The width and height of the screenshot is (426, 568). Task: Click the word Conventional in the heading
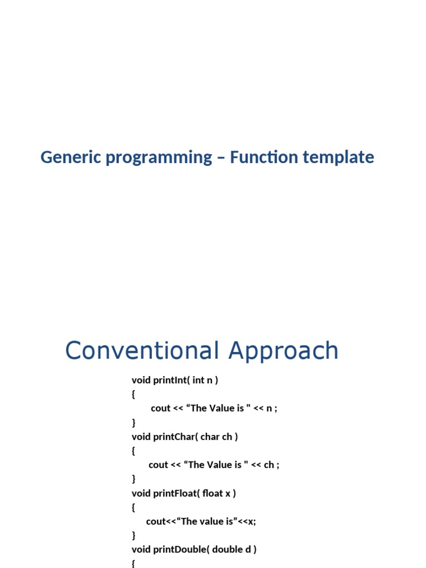click(142, 351)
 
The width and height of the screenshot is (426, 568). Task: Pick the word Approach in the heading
click(283, 351)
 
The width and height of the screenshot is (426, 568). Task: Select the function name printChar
click(174, 437)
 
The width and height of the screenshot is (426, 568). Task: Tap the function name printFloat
click(175, 493)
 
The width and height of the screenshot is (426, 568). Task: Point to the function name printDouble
click(180, 550)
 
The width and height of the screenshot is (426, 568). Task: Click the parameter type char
click(210, 437)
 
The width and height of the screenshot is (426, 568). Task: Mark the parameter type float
click(212, 493)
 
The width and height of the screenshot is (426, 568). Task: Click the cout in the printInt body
click(160, 408)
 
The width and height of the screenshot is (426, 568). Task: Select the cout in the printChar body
click(158, 465)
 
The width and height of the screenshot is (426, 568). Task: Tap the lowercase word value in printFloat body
click(212, 521)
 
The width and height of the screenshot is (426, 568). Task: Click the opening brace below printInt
click(133, 394)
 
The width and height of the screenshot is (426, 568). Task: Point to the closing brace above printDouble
click(133, 535)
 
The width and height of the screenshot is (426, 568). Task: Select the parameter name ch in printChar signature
click(227, 437)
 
